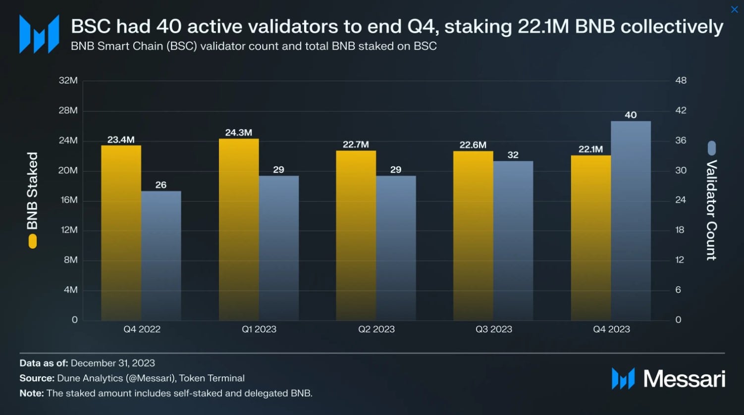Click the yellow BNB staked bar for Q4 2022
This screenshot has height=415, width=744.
[121, 233]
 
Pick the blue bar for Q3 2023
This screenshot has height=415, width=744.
[513, 241]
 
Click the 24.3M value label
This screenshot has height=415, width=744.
[239, 133]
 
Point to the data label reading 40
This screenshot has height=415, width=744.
[631, 115]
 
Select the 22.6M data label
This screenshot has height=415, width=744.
[473, 145]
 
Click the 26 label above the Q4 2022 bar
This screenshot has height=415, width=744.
[161, 185]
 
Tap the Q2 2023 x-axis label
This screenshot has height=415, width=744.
[376, 329]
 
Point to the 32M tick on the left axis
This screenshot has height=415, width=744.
[68, 80]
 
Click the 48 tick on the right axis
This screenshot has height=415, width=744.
[681, 80]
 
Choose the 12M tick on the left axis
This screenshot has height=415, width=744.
[68, 230]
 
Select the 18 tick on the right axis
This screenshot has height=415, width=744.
[680, 230]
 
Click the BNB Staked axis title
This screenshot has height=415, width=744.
[32, 191]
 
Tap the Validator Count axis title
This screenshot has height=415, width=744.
[711, 210]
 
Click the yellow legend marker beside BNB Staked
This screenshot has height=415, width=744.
[33, 241]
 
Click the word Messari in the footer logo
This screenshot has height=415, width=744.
[684, 379]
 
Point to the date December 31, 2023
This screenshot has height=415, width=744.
[113, 363]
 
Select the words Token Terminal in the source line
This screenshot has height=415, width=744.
[212, 378]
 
